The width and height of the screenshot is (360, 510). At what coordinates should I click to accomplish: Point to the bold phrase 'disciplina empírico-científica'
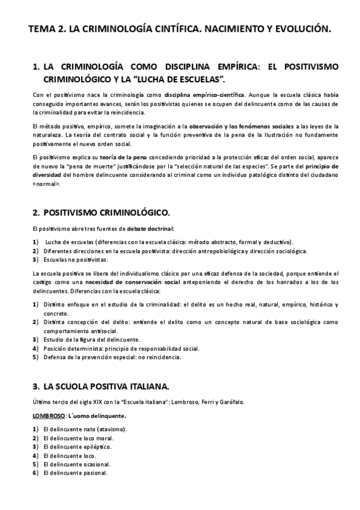point(204,95)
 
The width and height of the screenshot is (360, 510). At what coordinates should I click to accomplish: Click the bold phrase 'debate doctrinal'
point(150,229)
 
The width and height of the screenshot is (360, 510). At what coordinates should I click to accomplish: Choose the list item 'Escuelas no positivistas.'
point(76,259)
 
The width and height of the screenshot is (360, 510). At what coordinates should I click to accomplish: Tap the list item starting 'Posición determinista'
point(113,348)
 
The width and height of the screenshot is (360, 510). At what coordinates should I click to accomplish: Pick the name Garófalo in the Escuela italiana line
point(230,401)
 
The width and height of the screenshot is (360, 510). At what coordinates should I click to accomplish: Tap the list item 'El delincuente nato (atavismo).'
point(85,429)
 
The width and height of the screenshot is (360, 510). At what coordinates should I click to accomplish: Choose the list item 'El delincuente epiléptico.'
point(78,447)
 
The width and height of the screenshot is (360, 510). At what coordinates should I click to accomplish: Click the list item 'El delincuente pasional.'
point(76,473)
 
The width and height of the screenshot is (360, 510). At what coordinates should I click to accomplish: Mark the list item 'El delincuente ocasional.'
point(77,464)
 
